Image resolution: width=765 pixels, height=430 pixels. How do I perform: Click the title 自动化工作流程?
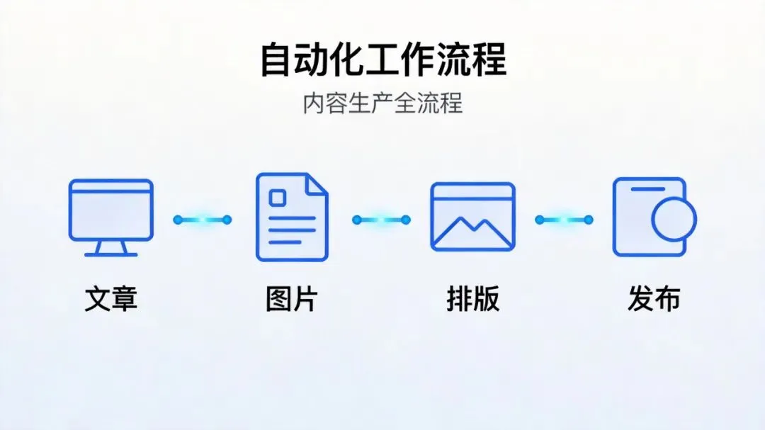click(382, 60)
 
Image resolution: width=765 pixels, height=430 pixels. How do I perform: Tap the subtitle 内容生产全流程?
click(382, 103)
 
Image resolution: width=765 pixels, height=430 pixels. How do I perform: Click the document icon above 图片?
click(292, 217)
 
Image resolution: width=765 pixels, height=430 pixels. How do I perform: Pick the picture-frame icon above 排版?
click(472, 217)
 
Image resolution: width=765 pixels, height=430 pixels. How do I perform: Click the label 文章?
click(110, 299)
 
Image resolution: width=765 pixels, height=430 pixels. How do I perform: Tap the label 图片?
click(292, 299)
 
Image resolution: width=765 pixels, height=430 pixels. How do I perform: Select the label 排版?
click(472, 299)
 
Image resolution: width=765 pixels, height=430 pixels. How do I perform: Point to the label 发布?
click(654, 299)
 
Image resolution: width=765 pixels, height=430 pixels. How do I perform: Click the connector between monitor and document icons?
click(203, 220)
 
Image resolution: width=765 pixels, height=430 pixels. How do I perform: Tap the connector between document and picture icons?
click(382, 220)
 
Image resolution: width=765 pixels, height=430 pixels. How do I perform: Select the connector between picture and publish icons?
click(564, 220)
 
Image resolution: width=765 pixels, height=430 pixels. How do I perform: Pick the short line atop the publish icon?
click(647, 189)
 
